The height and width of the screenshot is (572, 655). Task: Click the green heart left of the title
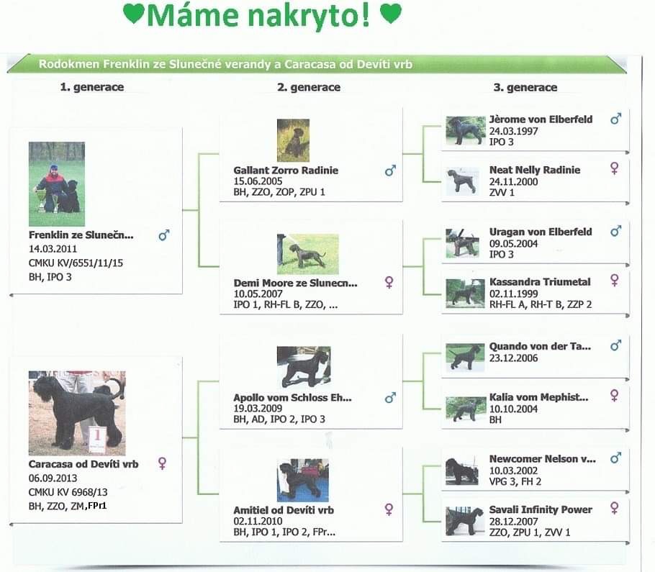(134, 14)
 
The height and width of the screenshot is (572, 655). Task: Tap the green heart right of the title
(391, 14)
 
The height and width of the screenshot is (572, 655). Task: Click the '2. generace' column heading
(309, 87)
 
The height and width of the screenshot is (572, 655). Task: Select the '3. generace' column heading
(525, 87)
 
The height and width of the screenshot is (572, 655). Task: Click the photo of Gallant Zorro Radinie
(293, 140)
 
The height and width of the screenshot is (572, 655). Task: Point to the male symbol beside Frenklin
(164, 235)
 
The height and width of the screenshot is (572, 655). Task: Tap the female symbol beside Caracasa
(162, 463)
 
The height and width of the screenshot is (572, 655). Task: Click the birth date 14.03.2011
(53, 249)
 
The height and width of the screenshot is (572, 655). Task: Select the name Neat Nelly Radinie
(535, 170)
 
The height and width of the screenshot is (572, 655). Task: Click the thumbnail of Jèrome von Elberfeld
(466, 131)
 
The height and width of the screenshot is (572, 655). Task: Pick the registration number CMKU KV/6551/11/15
(76, 263)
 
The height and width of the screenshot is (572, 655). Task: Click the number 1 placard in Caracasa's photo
(97, 440)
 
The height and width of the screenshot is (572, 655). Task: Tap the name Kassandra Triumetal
(540, 282)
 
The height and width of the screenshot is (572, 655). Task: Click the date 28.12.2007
(513, 522)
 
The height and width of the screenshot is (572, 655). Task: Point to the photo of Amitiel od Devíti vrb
(303, 480)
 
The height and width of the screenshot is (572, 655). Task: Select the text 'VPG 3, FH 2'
(515, 482)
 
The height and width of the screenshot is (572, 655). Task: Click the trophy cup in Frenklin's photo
(41, 200)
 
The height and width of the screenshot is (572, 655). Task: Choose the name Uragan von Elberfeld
(541, 232)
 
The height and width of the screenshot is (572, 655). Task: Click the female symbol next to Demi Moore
(389, 282)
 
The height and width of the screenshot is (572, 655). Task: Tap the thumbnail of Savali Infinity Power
(464, 521)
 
